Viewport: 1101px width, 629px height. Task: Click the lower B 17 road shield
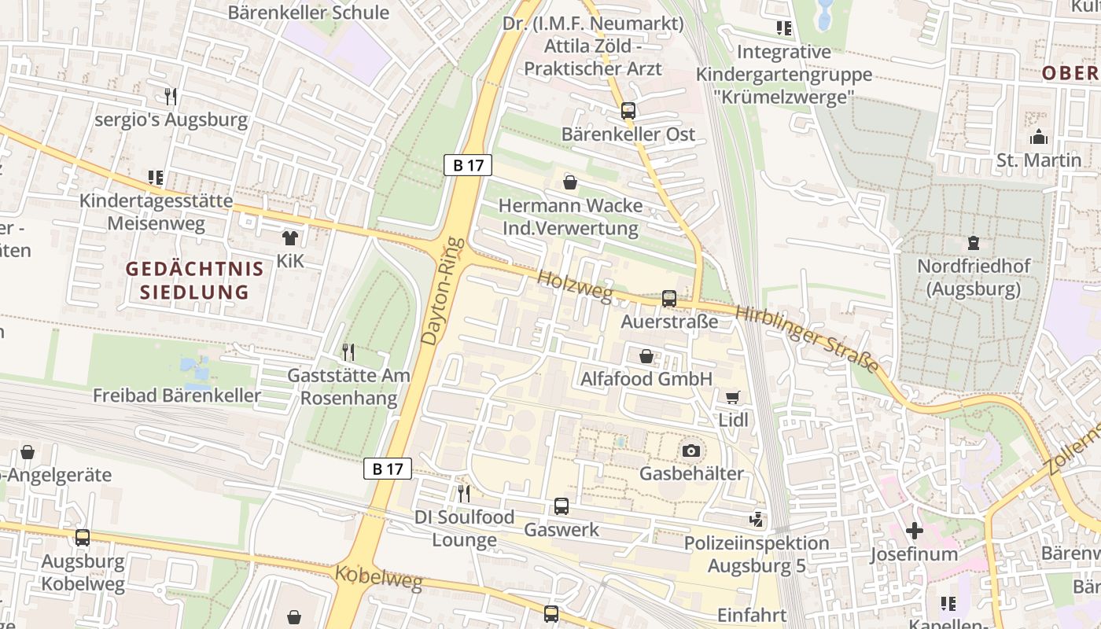point(388,469)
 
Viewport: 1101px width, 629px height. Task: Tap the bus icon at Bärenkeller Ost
point(628,111)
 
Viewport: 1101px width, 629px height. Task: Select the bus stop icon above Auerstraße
point(668,299)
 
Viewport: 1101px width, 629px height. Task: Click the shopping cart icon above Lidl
point(733,398)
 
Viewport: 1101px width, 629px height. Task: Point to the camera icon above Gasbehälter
point(691,451)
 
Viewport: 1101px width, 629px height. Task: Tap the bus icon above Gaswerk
point(561,506)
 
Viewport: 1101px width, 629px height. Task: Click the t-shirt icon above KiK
point(290,237)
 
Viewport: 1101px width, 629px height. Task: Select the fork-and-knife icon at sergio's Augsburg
point(171,97)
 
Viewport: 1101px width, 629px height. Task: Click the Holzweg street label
point(575,287)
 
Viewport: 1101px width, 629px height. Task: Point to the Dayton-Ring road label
point(440,290)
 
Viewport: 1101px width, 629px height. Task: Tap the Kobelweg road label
point(378,577)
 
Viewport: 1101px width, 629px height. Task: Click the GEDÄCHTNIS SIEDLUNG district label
point(194,281)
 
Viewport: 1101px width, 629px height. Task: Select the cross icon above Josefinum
point(914,531)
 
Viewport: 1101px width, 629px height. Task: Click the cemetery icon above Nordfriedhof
point(974,243)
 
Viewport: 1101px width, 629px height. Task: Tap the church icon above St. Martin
point(1039,138)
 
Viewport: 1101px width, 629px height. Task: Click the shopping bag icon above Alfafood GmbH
point(646,357)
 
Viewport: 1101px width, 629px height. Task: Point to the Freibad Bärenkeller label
point(177,395)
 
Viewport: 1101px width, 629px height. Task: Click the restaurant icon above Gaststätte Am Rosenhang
point(348,351)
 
